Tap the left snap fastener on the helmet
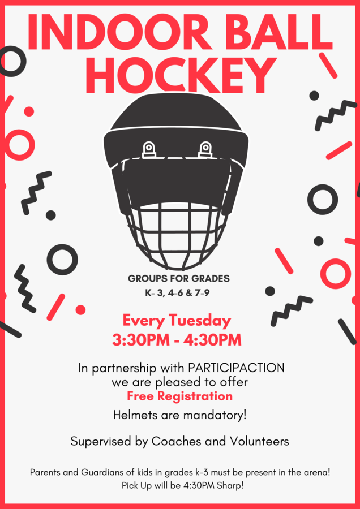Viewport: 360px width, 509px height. click(149, 150)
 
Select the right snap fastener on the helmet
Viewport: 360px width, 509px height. click(205, 150)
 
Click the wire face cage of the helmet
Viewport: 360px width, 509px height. click(177, 237)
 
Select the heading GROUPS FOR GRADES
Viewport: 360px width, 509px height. click(179, 279)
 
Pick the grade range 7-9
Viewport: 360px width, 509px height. click(202, 294)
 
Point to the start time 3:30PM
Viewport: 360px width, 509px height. click(141, 340)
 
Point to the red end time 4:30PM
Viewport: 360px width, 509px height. click(212, 340)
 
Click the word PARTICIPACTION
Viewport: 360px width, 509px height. click(236, 368)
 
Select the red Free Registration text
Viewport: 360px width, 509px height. click(179, 396)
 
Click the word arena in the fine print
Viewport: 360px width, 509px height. click(319, 472)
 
